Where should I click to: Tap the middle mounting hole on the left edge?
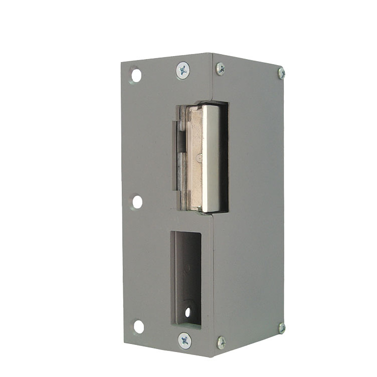click(136, 202)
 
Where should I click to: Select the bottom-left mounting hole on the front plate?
click(138, 326)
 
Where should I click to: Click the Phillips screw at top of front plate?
click(183, 70)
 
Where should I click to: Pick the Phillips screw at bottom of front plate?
click(185, 340)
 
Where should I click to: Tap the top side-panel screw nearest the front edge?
click(220, 69)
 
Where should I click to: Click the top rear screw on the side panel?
click(281, 73)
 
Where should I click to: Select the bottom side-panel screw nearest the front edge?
click(221, 342)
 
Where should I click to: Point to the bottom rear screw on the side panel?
click(282, 328)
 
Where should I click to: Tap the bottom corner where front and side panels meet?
click(214, 357)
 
